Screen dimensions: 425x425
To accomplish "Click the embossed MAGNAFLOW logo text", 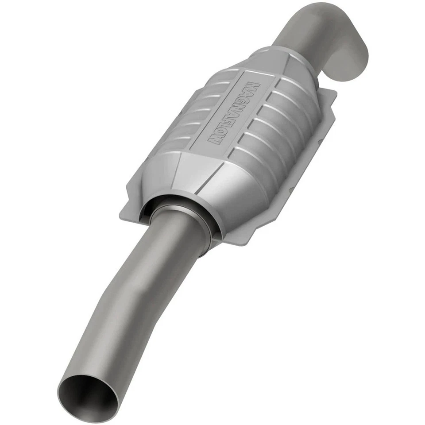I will coord(231,114).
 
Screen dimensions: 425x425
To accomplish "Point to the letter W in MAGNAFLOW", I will coord(213,142).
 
